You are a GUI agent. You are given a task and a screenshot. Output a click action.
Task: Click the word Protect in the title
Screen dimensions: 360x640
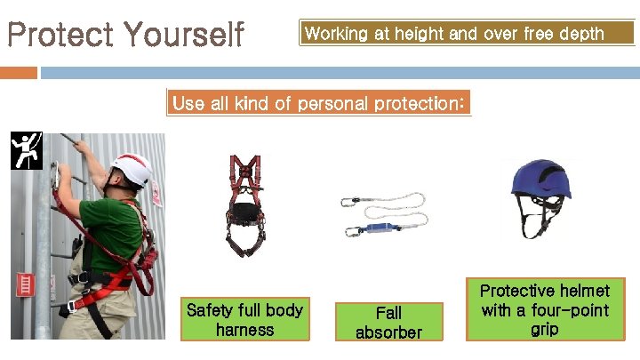click(x=60, y=36)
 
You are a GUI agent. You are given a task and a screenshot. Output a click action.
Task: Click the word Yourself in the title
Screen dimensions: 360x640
click(x=184, y=36)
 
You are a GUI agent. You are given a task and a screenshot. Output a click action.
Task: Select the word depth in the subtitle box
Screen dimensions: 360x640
click(x=580, y=34)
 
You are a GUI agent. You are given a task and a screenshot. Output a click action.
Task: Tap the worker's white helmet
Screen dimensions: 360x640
click(x=132, y=169)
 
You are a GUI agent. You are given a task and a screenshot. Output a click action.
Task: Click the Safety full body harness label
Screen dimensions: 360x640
click(x=244, y=320)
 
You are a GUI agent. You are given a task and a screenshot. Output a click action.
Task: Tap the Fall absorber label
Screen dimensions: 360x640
click(x=388, y=322)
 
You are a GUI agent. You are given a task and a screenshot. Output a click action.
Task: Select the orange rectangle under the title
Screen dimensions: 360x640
click(x=19, y=72)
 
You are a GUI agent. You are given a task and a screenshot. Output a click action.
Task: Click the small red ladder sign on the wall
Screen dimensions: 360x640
click(x=25, y=285)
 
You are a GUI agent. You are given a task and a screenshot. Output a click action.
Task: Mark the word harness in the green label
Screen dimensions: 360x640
click(x=244, y=330)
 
